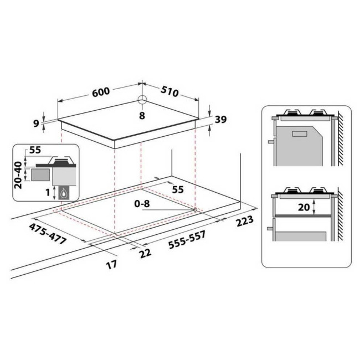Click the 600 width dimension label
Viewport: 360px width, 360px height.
(x=101, y=91)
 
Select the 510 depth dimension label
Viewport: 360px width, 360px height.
(x=169, y=91)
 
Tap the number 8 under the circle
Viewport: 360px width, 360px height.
(x=142, y=115)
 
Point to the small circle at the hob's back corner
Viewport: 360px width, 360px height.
(x=142, y=100)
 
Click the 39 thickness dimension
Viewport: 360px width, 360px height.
(x=220, y=120)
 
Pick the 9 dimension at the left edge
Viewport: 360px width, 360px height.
(x=36, y=124)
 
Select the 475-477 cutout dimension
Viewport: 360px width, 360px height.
(x=48, y=234)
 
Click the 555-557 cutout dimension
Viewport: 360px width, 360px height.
(x=187, y=240)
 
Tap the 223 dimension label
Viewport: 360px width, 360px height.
(x=245, y=220)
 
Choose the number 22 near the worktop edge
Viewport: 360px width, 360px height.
(x=146, y=254)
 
